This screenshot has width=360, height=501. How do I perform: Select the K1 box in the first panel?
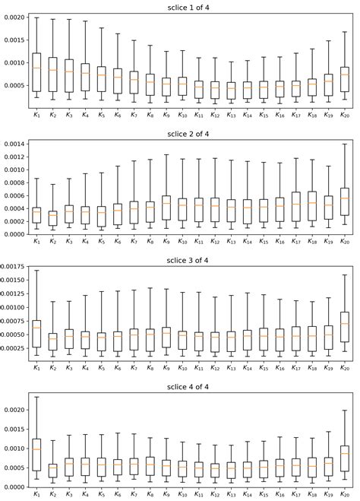coord(36,72)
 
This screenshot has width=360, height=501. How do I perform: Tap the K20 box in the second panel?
coord(345,201)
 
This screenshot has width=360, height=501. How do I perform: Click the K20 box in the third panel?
coord(345,327)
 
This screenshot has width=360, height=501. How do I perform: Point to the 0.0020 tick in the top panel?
coord(15,17)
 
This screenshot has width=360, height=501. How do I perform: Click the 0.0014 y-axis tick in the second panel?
coord(15,144)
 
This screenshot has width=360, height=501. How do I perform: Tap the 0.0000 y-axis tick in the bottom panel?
coord(15,487)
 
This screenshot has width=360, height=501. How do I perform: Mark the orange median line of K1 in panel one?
coord(36,68)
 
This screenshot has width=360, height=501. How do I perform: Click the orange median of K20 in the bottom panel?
coord(345,454)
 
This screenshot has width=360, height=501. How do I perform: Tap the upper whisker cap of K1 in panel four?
coord(36,396)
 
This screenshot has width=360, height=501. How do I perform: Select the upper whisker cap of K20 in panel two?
coord(345,144)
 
